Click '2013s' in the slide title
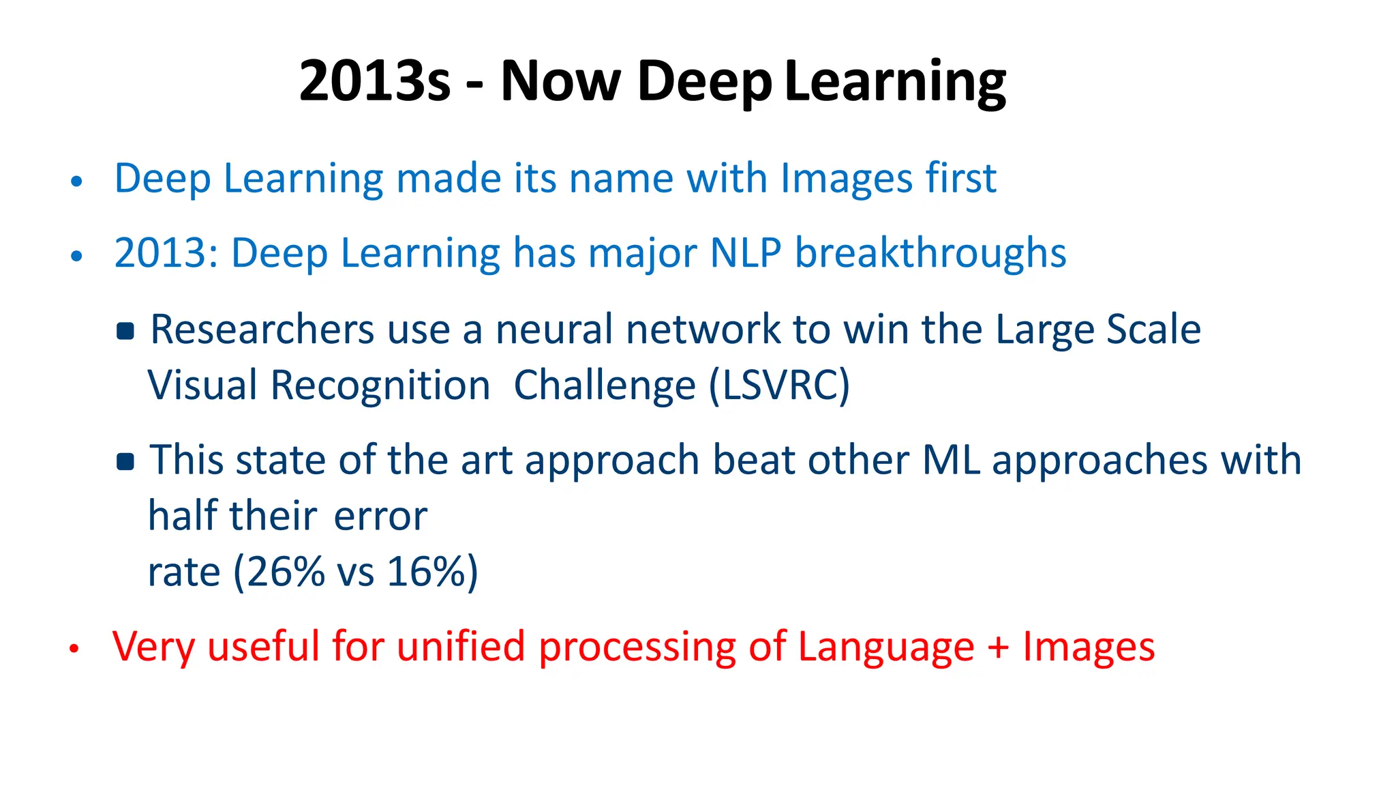pos(374,81)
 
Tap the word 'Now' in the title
pos(560,81)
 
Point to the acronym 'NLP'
pos(745,253)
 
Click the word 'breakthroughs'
pos(930,253)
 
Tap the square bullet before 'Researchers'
pos(125,332)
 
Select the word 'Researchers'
pos(262,330)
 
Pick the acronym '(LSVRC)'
pos(779,386)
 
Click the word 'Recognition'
pos(380,386)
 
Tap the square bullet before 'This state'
pos(125,462)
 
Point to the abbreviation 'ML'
pos(950,461)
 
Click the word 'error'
pos(380,516)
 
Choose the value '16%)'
pos(432,572)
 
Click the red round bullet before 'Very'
pos(74,649)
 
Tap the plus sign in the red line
pos(998,647)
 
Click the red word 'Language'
pos(885,647)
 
